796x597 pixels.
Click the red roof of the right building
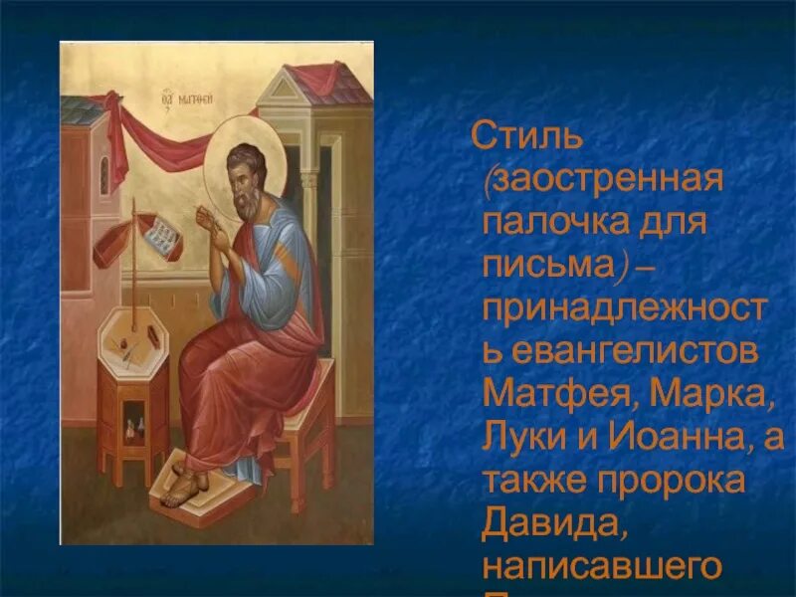coord(318,80)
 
